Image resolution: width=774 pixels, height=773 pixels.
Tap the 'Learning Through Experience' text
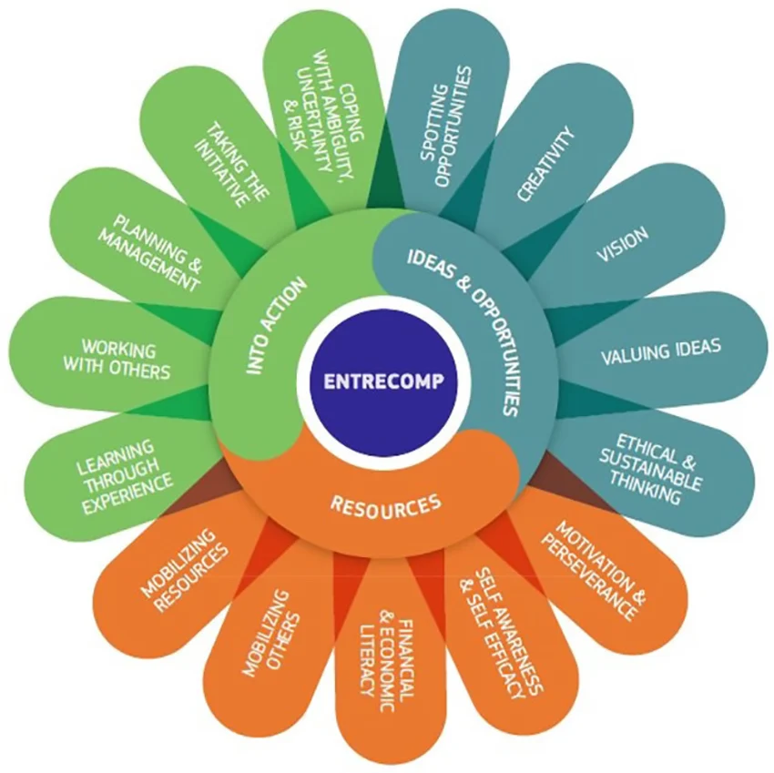click(124, 477)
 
